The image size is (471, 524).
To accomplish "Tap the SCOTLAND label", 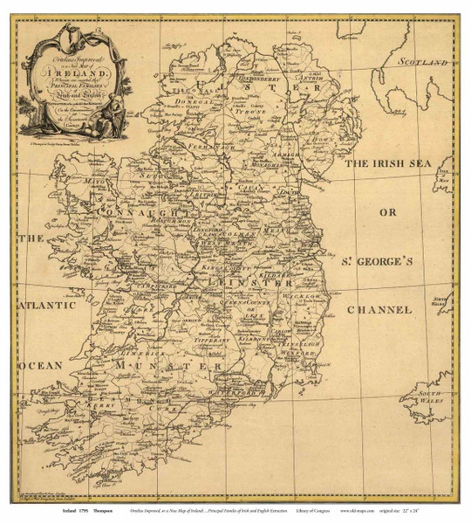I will pyautogui.click(x=423, y=63).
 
